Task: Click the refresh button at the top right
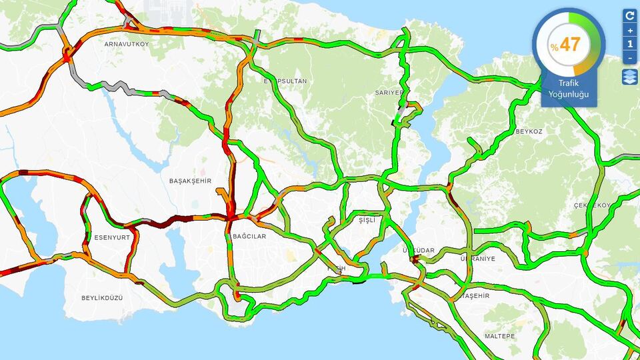tap(630, 15)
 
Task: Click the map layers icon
tap(630, 77)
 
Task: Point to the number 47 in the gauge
tap(571, 45)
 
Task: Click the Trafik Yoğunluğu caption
tap(569, 88)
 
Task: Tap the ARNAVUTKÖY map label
tap(127, 44)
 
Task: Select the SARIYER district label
tap(389, 93)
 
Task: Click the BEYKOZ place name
tap(529, 131)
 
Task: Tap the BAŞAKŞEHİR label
tap(190, 181)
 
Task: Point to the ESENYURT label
tap(112, 237)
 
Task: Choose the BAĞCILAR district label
tap(249, 237)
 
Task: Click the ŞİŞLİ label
tap(367, 220)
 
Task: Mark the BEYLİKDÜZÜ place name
tap(102, 297)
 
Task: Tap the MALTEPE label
tap(499, 336)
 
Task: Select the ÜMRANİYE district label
tap(478, 259)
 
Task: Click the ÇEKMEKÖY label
tap(592, 205)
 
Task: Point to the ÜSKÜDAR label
tap(419, 251)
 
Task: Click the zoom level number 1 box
tap(630, 44)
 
